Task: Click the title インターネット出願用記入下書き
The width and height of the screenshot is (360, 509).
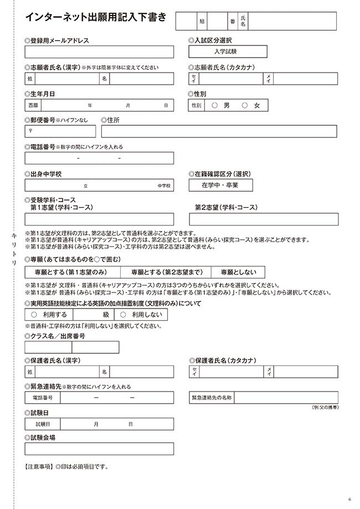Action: [95, 17]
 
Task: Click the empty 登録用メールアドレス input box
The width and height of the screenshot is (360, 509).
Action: [99, 52]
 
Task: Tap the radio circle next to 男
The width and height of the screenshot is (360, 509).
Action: [214, 105]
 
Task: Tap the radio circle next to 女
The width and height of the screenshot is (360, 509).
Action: [244, 105]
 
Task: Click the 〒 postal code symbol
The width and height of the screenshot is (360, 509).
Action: [30, 132]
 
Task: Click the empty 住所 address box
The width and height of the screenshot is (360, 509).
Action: [219, 131]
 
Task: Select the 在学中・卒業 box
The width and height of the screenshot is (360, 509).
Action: [220, 186]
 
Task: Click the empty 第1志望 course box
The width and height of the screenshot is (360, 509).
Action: [99, 219]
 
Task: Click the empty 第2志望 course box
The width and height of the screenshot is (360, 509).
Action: [264, 219]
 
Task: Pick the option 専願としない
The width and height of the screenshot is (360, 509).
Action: [238, 272]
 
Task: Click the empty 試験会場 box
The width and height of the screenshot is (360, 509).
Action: [99, 449]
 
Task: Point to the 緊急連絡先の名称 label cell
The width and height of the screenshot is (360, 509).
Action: [212, 398]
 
